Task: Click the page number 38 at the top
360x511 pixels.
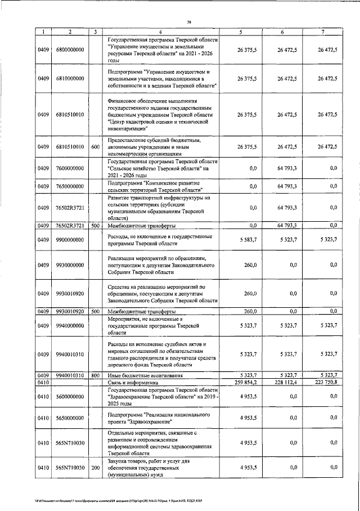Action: (x=190, y=22)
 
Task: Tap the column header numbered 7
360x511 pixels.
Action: (x=322, y=32)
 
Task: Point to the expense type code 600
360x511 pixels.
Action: (x=96, y=146)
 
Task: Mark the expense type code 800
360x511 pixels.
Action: (x=96, y=375)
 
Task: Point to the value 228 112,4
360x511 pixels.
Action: (x=285, y=383)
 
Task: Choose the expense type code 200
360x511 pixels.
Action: (x=96, y=468)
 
